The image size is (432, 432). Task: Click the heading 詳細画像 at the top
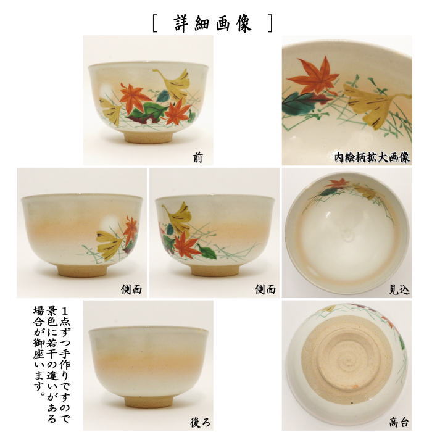[212, 23]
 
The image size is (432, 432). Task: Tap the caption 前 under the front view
[197, 159]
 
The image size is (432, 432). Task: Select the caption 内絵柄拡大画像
[372, 157]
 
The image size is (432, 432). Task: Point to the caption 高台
[399, 422]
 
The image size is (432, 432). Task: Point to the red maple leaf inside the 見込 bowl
[338, 183]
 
